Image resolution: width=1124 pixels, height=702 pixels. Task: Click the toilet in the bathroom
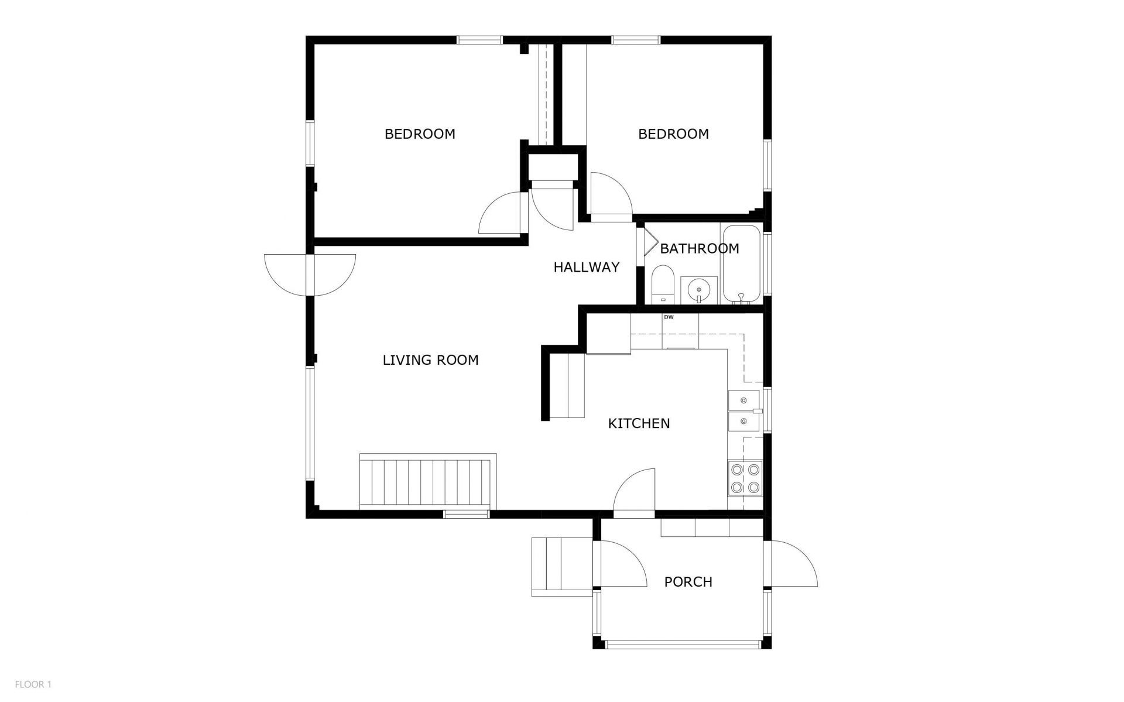click(663, 284)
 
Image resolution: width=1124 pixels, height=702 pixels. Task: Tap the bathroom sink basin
click(699, 290)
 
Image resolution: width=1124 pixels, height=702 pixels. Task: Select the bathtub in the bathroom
click(742, 264)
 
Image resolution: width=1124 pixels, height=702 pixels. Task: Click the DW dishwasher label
click(669, 317)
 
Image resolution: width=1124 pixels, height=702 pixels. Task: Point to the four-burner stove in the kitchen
click(745, 478)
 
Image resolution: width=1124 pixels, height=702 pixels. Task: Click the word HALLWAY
click(587, 268)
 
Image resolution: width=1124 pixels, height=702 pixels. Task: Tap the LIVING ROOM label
click(431, 360)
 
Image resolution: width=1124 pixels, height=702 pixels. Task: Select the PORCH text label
click(688, 582)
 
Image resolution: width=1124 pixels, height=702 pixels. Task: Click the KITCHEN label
click(639, 423)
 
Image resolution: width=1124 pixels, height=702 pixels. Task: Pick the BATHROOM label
click(700, 248)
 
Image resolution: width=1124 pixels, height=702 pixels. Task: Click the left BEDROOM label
click(420, 134)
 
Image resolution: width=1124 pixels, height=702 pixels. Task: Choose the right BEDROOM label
click(673, 134)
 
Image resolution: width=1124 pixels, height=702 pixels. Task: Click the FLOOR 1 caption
click(33, 684)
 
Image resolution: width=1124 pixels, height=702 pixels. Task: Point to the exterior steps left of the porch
click(562, 567)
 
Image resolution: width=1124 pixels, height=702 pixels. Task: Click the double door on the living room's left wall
click(310, 274)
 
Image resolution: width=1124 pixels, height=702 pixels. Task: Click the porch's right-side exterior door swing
click(794, 563)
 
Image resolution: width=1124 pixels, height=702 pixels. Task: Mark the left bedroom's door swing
click(500, 213)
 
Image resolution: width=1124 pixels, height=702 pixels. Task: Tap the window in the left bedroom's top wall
click(479, 40)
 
